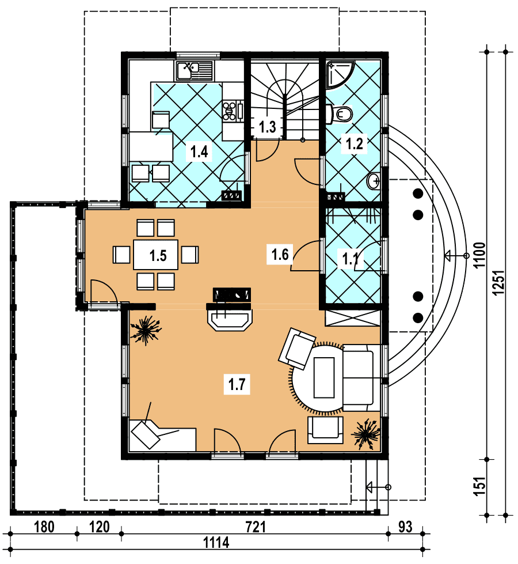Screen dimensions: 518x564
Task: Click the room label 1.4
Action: (x=199, y=152)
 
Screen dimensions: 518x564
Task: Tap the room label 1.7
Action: (x=237, y=384)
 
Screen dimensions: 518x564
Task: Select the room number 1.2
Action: (x=354, y=143)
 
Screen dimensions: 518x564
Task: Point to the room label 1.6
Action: (x=280, y=254)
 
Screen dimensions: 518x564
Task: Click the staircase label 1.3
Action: (x=268, y=127)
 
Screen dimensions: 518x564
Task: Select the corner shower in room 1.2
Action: (x=340, y=74)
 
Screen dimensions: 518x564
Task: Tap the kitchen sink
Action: (x=194, y=70)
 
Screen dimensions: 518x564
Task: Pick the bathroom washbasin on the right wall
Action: (x=374, y=181)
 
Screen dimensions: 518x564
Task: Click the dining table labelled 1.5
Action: (x=155, y=255)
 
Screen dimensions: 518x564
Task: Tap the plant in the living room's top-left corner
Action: (x=146, y=330)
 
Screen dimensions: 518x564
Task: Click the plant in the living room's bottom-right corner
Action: (x=366, y=434)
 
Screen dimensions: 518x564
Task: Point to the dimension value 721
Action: (x=256, y=527)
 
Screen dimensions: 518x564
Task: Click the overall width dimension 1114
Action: (x=216, y=543)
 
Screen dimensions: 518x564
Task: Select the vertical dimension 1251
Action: (x=498, y=283)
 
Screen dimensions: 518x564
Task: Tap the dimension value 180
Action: (x=44, y=527)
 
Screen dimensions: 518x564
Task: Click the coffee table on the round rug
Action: (x=324, y=377)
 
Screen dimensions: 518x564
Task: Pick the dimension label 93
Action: (x=405, y=527)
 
